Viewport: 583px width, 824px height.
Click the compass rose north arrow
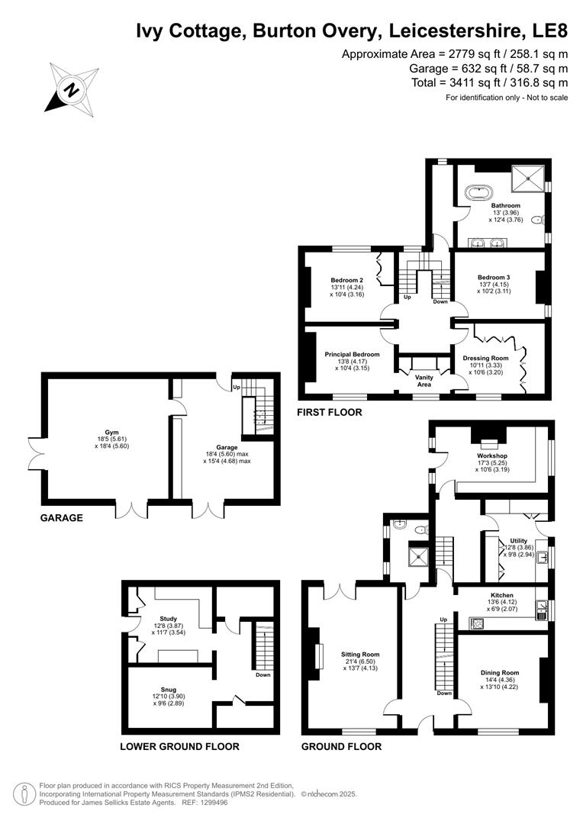coord(72,89)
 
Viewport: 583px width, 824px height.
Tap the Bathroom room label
coord(505,205)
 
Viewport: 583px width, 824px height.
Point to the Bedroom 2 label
coord(346,278)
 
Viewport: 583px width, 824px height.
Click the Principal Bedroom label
coord(352,354)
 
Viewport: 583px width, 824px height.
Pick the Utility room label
coord(518,541)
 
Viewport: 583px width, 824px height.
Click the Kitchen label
coord(501,595)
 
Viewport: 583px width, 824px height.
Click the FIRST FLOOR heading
coord(330,412)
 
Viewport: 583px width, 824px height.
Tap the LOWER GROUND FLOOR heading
coord(179,747)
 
